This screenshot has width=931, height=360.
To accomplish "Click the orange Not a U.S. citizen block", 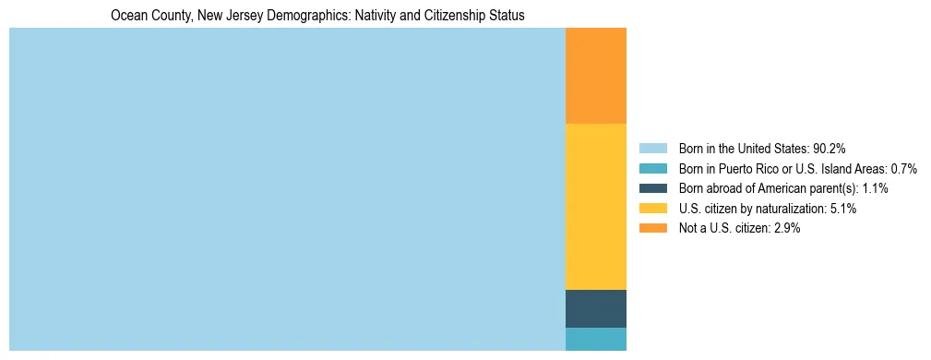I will [x=595, y=76].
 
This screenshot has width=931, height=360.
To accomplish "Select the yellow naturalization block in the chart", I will [x=595, y=207].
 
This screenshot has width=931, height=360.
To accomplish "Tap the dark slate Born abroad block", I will [x=595, y=308].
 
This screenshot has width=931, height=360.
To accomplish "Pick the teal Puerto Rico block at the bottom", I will [x=595, y=339].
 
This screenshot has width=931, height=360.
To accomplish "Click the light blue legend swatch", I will [x=652, y=148].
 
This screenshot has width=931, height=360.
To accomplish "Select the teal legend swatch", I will [x=652, y=168].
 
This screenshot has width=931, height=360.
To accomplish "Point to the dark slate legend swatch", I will [x=652, y=188].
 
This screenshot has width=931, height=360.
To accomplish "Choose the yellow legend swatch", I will [x=652, y=209].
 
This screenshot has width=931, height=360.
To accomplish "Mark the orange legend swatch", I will [x=652, y=229].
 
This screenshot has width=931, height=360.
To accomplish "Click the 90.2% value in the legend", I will [x=829, y=148].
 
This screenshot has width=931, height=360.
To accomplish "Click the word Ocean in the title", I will [x=126, y=16].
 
